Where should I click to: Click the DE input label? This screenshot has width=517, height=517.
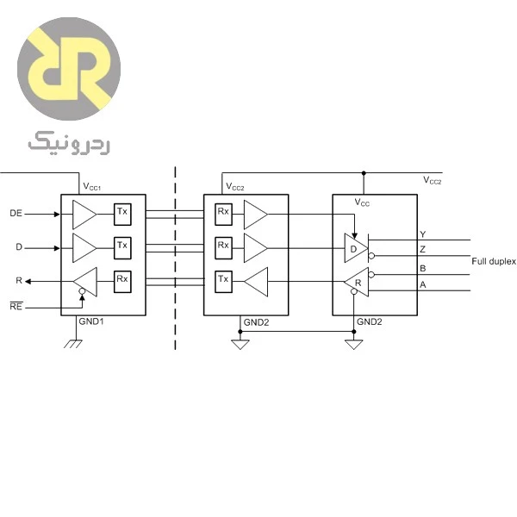pyautogui.click(x=16, y=214)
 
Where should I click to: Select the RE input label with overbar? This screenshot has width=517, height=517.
pyautogui.click(x=16, y=306)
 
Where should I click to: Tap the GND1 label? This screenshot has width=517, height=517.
pyautogui.click(x=91, y=321)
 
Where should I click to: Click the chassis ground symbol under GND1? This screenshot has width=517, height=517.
pyautogui.click(x=73, y=344)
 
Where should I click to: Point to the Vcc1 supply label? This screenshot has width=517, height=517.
pyautogui.click(x=91, y=187)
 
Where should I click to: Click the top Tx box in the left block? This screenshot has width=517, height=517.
pyautogui.click(x=122, y=215)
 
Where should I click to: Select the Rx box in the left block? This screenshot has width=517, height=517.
pyautogui.click(x=122, y=282)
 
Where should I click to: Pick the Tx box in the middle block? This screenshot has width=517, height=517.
pyautogui.click(x=223, y=282)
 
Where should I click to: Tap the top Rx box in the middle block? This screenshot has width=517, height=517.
pyautogui.click(x=223, y=215)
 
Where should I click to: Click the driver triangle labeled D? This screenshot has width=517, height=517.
pyautogui.click(x=355, y=248)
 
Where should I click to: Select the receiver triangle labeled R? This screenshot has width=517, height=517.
pyautogui.click(x=357, y=283)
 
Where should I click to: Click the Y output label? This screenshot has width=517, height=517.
pyautogui.click(x=423, y=234)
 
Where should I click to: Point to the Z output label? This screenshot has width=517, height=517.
pyautogui.click(x=423, y=249)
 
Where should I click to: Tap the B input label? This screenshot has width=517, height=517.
pyautogui.click(x=423, y=268)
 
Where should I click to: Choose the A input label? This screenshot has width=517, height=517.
pyautogui.click(x=423, y=284)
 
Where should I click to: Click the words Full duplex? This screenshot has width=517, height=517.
pyautogui.click(x=493, y=261)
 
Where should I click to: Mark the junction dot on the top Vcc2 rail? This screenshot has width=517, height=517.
pyautogui.click(x=364, y=173)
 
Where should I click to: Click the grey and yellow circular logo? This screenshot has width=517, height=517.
pyautogui.click(x=69, y=69)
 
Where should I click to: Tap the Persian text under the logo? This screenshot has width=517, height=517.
pyautogui.click(x=69, y=143)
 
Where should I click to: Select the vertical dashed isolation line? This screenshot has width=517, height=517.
pyautogui.click(x=175, y=258)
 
